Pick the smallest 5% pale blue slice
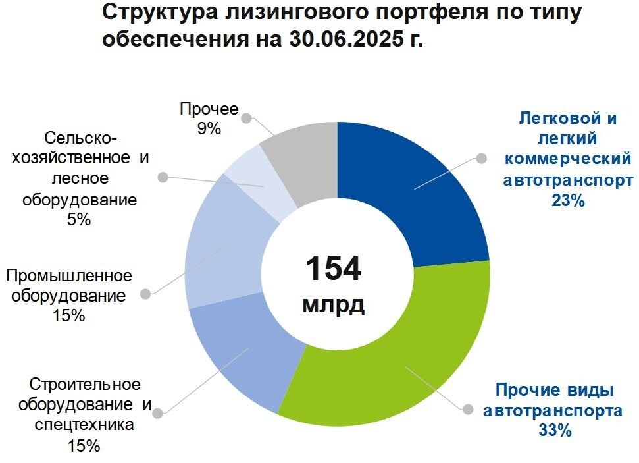pos(260,188)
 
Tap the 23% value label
pos(569,201)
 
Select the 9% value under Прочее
pos(209,129)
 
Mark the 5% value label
pos(78,220)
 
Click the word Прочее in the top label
pos(209,109)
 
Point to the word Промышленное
pos(69,275)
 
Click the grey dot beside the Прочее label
pos(247,119)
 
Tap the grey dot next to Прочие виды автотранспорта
pos(468,408)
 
